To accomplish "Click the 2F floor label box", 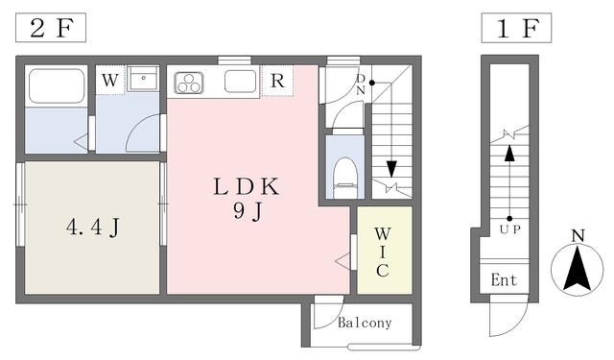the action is pyautogui.click(x=51, y=28).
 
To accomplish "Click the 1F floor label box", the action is pyautogui.click(x=516, y=28).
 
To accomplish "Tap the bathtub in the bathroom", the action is pyautogui.click(x=57, y=86).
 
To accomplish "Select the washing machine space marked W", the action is pyautogui.click(x=110, y=80).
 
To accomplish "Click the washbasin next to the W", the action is pyautogui.click(x=143, y=79).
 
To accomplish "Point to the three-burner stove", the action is pyautogui.click(x=189, y=83).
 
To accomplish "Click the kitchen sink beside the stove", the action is pyautogui.click(x=240, y=82).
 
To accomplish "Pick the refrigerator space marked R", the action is pyautogui.click(x=277, y=81).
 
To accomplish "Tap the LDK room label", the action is pyautogui.click(x=247, y=186).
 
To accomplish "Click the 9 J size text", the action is pyautogui.click(x=248, y=212).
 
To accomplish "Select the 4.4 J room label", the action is pyautogui.click(x=93, y=227).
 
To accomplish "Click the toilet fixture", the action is pyautogui.click(x=345, y=178).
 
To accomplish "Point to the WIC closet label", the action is pyautogui.click(x=383, y=252).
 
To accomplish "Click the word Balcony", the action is pyautogui.click(x=365, y=323).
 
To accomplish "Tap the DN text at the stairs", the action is pyautogui.click(x=361, y=84).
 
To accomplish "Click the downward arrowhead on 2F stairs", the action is pyautogui.click(x=391, y=169).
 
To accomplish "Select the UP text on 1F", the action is pyautogui.click(x=510, y=229).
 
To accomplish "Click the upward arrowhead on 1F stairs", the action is pyautogui.click(x=509, y=154).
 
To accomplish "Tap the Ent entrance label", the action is pyautogui.click(x=504, y=280).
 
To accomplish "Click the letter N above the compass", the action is pyautogui.click(x=578, y=236).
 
